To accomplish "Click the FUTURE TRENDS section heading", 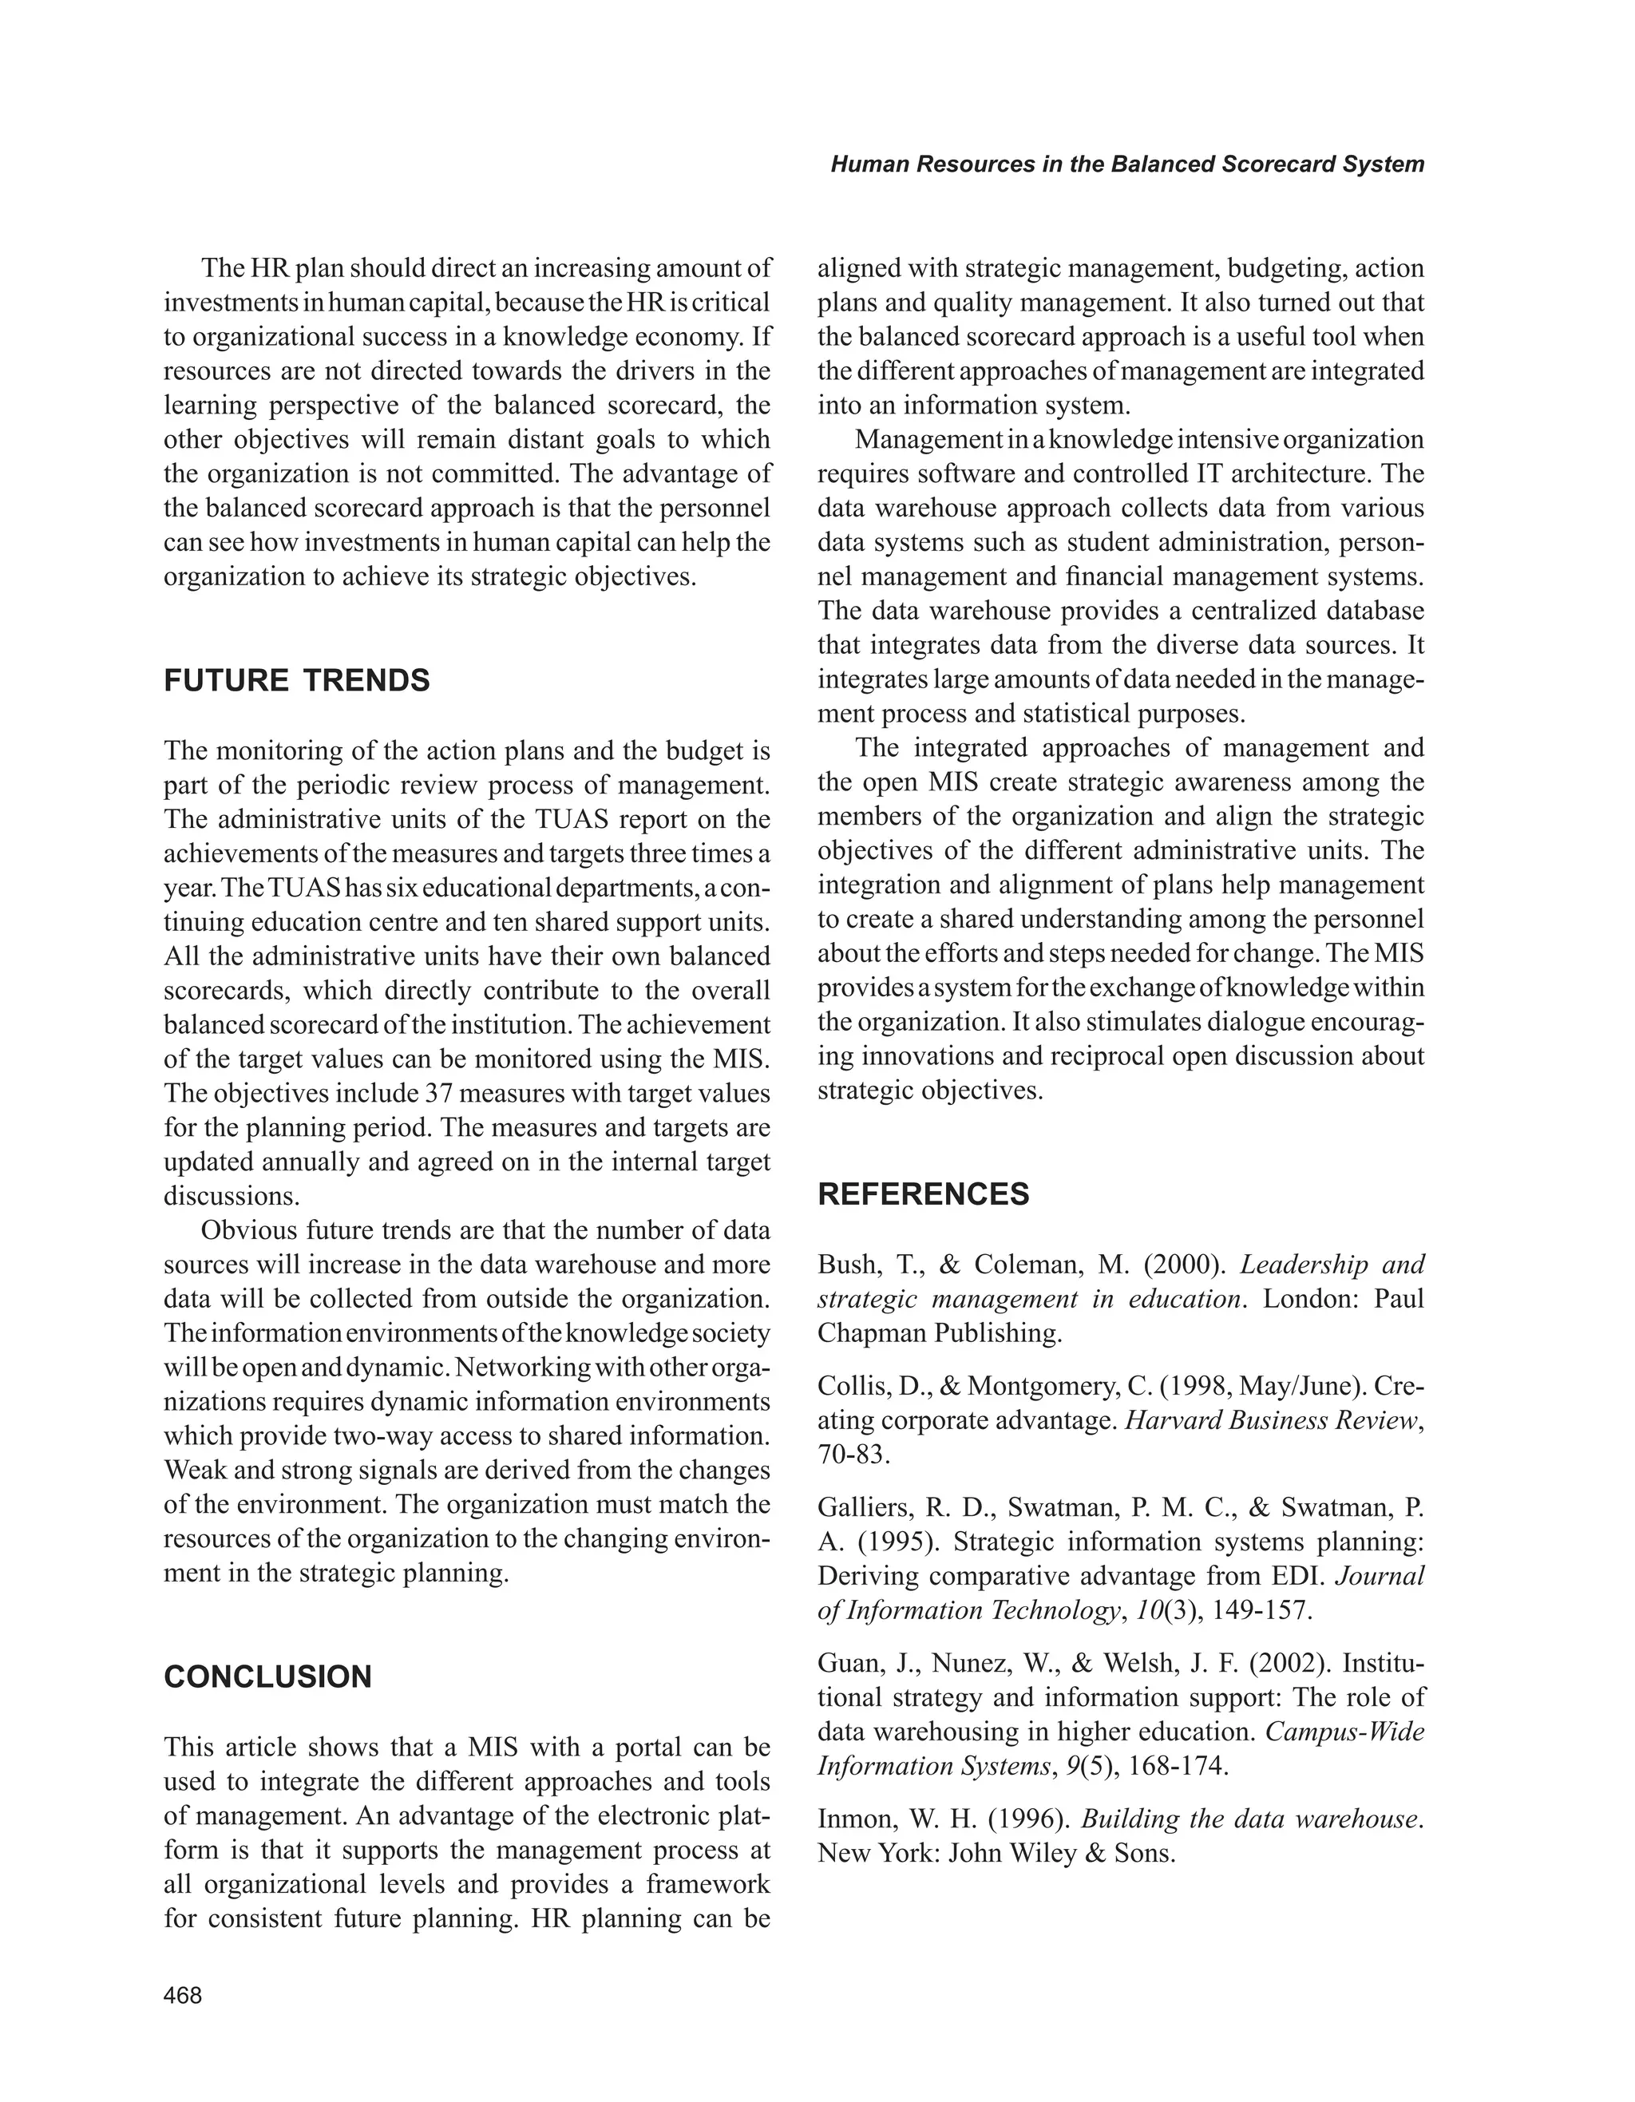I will click(296, 680).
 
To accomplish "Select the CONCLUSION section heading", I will click(267, 1676).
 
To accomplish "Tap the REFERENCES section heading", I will click(923, 1194).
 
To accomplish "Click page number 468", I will click(183, 1996).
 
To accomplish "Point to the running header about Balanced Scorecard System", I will click(1127, 164).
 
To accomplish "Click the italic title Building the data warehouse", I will click(1250, 1819).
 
